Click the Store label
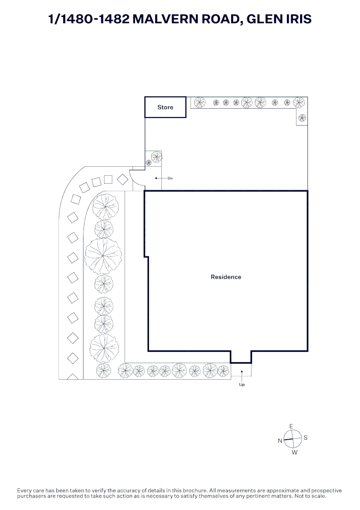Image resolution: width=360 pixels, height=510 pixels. coord(165,107)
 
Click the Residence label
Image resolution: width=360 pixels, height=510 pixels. coord(226,277)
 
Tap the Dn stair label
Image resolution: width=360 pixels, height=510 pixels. coord(170,178)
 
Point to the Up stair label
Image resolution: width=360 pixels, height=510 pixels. coord(242,384)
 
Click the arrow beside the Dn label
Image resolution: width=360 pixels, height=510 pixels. coord(159,178)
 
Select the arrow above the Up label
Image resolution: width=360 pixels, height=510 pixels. coord(242,375)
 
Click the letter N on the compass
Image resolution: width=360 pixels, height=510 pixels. coord(280,441)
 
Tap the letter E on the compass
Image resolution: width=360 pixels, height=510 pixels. coord(292,426)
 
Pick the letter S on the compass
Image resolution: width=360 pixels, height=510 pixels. coord(306,438)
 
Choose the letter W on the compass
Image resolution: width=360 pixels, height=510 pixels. coord(294,452)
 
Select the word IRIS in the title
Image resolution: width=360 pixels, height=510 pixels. coord(297,19)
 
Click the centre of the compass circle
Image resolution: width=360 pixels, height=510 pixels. coord(293,439)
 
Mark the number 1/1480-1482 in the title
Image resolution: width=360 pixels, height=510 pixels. coord(88,19)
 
